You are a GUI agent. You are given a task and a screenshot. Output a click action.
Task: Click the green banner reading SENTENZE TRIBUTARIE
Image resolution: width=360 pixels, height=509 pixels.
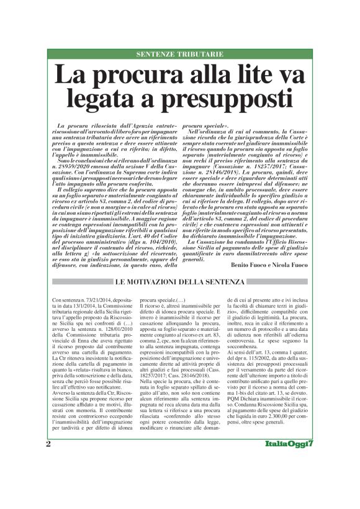coord(179,55)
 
